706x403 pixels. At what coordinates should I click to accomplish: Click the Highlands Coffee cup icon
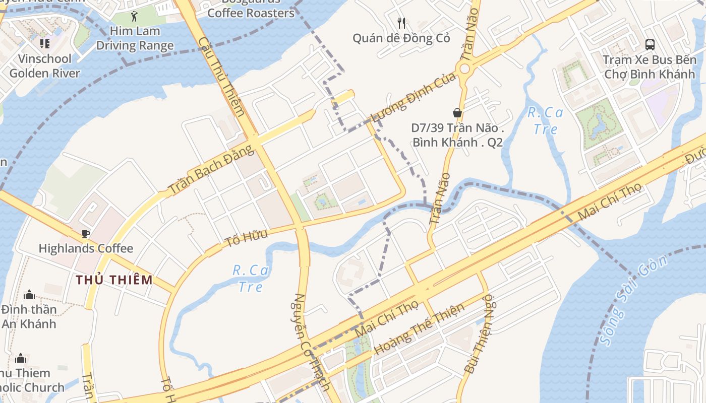coord(86,234)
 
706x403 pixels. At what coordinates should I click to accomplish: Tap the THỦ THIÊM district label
coord(114,280)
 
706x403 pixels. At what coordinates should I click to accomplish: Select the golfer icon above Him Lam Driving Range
coord(134,16)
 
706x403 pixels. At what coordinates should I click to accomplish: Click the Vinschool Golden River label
coord(45,66)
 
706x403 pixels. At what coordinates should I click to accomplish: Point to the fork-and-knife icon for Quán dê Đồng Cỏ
coord(401,23)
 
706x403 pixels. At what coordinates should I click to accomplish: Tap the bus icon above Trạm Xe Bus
coord(650,44)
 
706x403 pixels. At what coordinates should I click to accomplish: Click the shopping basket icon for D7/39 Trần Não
coord(457,113)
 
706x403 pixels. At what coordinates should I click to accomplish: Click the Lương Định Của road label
coord(413,97)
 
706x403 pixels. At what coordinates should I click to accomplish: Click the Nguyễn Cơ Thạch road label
coord(311,342)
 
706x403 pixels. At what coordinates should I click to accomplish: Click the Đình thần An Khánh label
coord(29,316)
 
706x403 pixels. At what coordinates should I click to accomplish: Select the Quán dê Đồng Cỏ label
coord(401,38)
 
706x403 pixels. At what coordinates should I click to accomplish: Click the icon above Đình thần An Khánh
coord(29,294)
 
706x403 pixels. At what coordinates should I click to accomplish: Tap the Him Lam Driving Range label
coord(135,38)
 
